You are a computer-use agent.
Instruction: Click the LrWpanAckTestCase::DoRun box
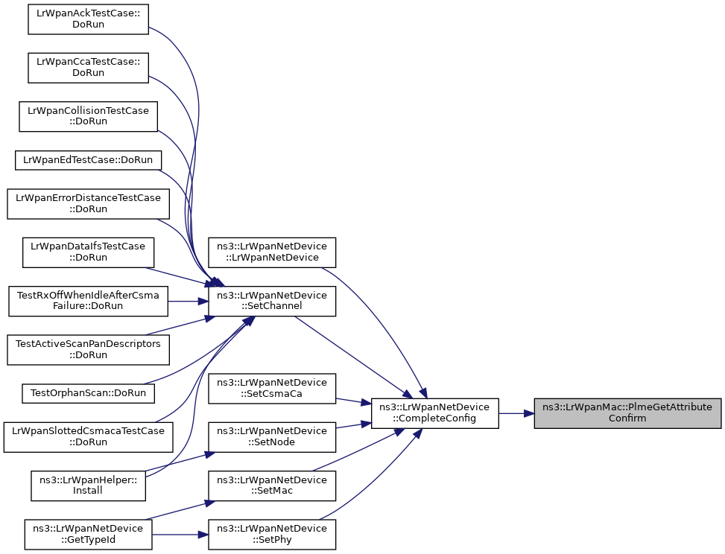tap(89, 18)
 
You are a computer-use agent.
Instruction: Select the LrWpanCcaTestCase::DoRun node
tap(89, 66)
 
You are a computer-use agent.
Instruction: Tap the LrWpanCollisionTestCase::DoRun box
tap(89, 116)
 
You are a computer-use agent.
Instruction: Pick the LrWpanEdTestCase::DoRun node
tap(89, 159)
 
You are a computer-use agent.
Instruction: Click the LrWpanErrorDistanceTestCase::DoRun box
tap(89, 203)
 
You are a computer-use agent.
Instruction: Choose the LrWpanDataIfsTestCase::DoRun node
tap(89, 252)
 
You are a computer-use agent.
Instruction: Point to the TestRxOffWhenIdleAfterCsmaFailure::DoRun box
tap(89, 301)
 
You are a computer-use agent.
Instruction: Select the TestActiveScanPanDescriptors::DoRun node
tap(89, 349)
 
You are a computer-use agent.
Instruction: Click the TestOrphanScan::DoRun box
tap(89, 392)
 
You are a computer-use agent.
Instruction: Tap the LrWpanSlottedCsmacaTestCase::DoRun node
tap(89, 436)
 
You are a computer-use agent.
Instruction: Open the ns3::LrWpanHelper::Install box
tap(89, 485)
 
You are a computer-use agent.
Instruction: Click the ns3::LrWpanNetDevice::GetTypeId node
tap(89, 534)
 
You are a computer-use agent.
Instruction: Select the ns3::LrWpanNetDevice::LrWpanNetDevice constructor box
tap(272, 252)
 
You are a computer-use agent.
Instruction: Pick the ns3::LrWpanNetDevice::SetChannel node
tap(272, 301)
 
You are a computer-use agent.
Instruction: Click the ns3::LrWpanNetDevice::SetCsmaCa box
tap(272, 388)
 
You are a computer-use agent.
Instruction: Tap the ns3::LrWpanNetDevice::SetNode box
tap(272, 436)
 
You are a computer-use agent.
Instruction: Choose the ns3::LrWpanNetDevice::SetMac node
tap(272, 485)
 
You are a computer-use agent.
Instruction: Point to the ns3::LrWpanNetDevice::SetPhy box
tap(272, 534)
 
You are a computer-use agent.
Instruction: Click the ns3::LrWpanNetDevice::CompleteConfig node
tap(434, 413)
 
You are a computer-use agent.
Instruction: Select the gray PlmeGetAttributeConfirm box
tap(627, 413)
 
